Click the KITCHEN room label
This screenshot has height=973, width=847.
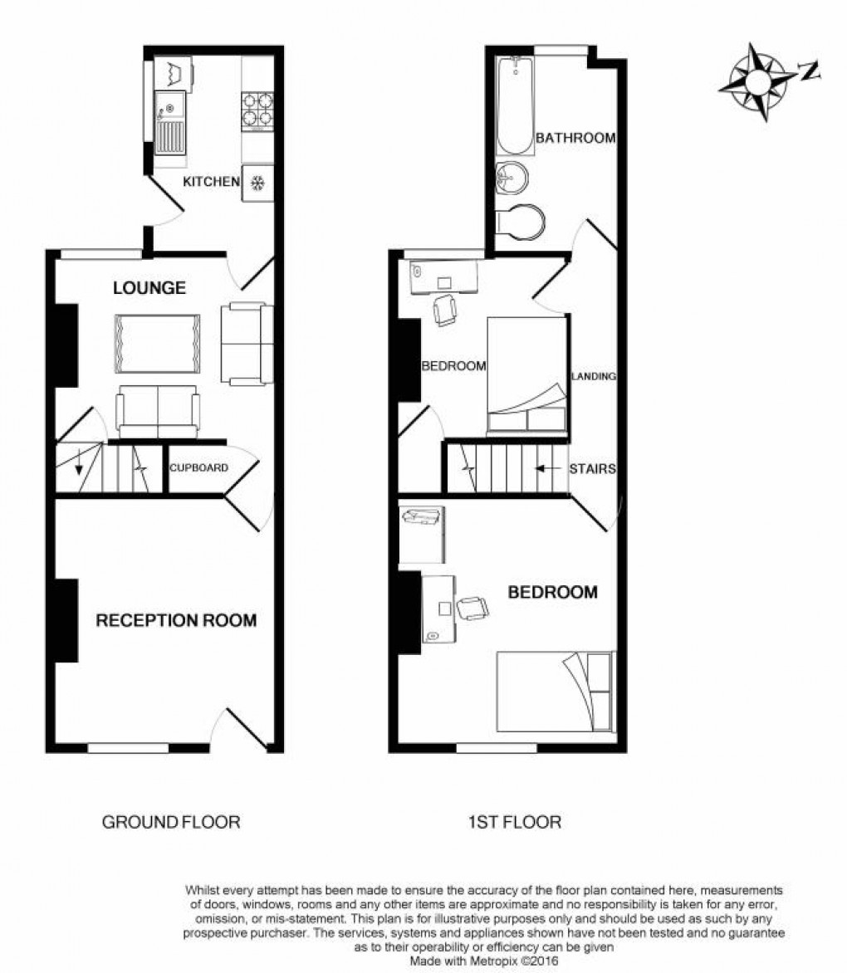pyautogui.click(x=211, y=182)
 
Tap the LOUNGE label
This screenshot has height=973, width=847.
pyautogui.click(x=149, y=289)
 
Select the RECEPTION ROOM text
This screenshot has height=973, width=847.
pyautogui.click(x=176, y=620)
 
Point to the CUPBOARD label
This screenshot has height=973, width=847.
pyautogui.click(x=198, y=467)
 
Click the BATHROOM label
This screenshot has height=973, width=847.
pyautogui.click(x=575, y=138)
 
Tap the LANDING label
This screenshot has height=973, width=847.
pyautogui.click(x=593, y=376)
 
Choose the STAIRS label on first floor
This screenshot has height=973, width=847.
pyautogui.click(x=592, y=469)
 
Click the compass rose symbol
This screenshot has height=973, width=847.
pyautogui.click(x=757, y=81)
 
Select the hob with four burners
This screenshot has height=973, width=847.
pyautogui.click(x=257, y=110)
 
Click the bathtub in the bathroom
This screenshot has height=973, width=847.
pyautogui.click(x=515, y=106)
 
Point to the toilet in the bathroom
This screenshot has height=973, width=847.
pyautogui.click(x=520, y=221)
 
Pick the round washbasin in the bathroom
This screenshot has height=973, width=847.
pyautogui.click(x=512, y=176)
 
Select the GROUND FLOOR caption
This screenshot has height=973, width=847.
pyautogui.click(x=171, y=823)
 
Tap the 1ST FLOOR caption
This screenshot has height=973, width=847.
pyautogui.click(x=514, y=823)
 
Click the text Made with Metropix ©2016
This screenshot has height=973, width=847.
pyautogui.click(x=484, y=961)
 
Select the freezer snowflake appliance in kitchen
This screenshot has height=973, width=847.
pyautogui.click(x=257, y=183)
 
